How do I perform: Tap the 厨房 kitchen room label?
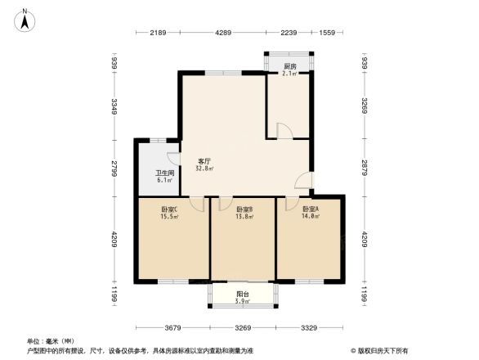pos(290,66)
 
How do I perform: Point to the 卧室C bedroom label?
pos(170,209)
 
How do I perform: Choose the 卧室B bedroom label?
pos(244,209)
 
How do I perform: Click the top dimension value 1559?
pos(327,33)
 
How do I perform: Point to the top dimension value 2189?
pos(159,33)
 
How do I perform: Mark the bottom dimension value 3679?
pos(172,329)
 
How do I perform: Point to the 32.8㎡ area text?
pos(204,169)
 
